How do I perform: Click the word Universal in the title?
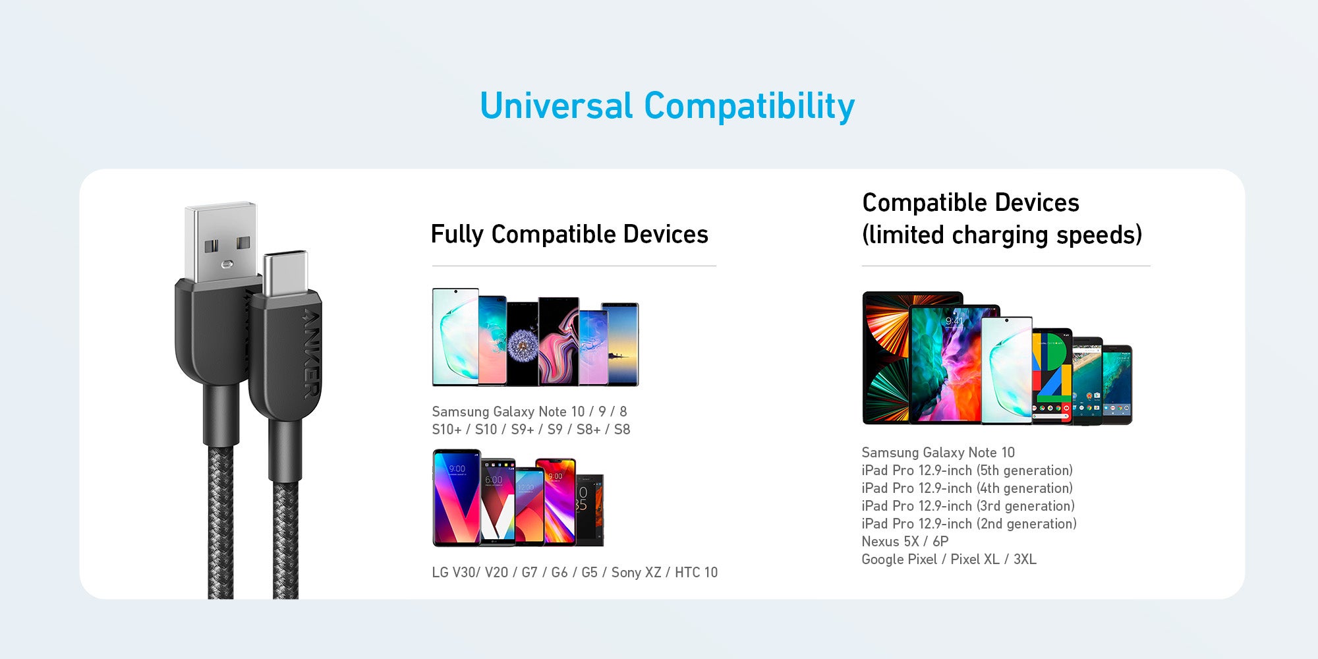point(557,106)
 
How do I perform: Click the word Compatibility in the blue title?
point(749,107)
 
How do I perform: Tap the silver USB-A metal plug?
point(221,243)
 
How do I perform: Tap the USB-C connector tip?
point(285,273)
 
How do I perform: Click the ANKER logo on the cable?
point(312,353)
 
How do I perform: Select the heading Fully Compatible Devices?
point(569,235)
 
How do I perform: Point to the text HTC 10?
point(696,572)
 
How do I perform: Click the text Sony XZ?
point(636,572)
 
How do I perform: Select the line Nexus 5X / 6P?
point(905,541)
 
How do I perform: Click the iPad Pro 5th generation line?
point(967,471)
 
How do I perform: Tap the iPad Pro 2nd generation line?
point(969,524)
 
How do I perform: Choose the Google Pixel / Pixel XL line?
point(949,559)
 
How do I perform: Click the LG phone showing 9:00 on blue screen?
point(457,498)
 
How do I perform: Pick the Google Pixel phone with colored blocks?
point(1052,376)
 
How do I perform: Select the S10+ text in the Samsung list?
point(446,430)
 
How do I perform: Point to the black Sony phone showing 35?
point(590,509)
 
